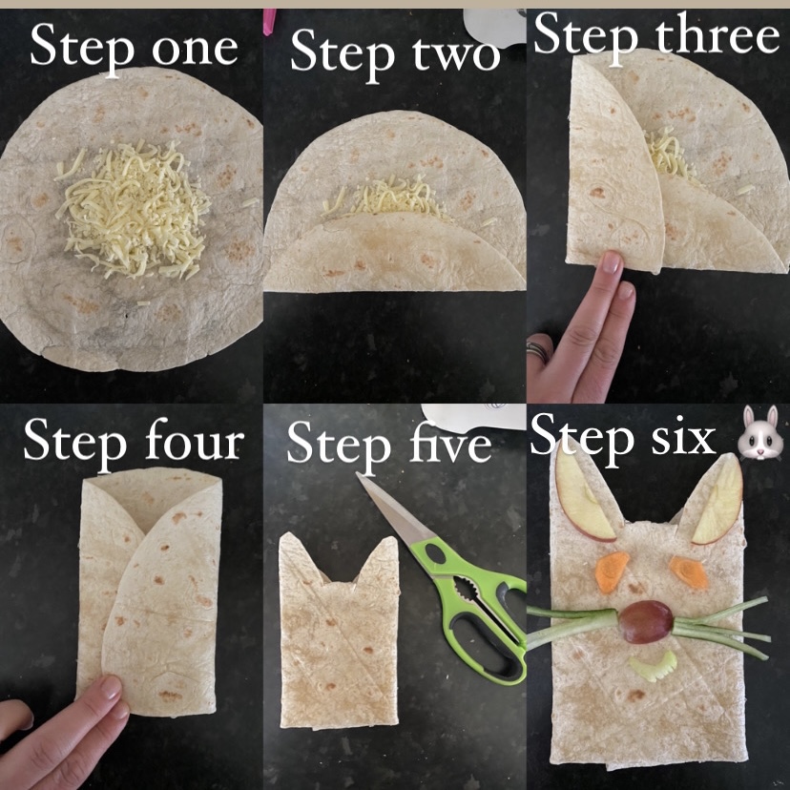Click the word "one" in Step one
pos(195,50)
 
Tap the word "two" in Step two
pos(456,55)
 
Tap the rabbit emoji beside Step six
pos(760,432)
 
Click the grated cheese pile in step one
pos(132,210)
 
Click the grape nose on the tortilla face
pos(646,622)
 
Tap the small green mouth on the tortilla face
pos(653,667)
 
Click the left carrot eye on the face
pos(612,572)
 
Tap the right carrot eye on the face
pos(688,572)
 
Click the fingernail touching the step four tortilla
pos(111,688)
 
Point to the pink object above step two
pos(269,22)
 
